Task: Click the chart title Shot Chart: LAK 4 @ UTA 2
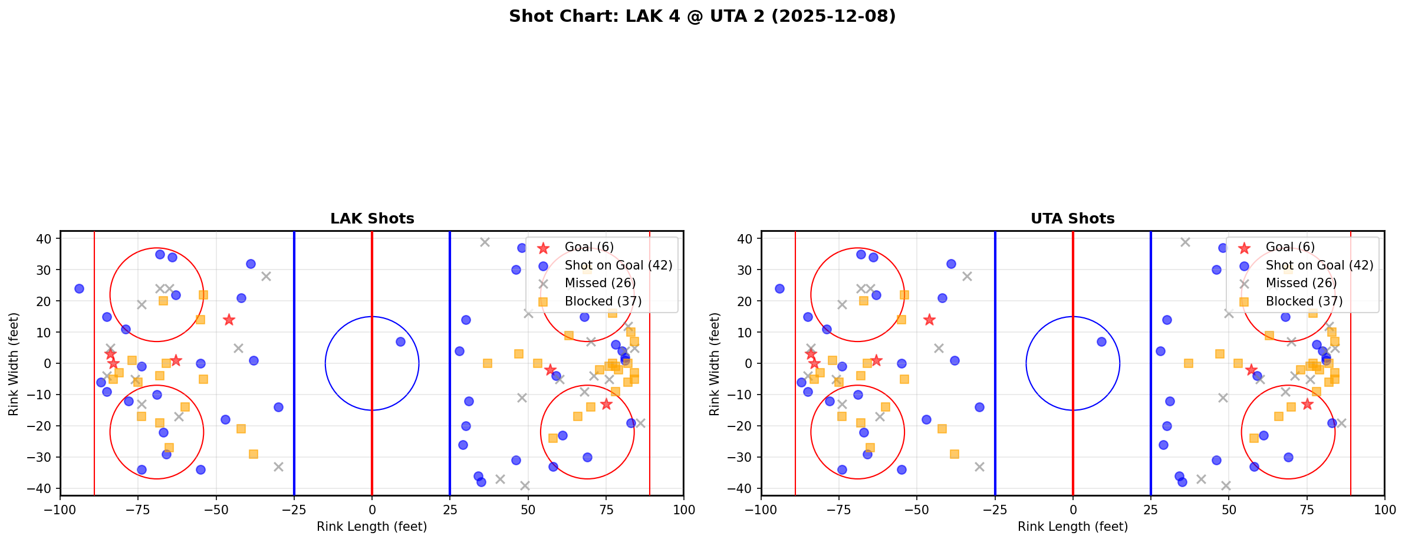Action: [702, 17]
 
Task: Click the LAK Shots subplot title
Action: [372, 219]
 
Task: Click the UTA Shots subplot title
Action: [1072, 219]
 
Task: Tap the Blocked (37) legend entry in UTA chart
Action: [1304, 301]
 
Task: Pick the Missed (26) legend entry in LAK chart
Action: [600, 283]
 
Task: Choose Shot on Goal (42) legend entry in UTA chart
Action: [1320, 265]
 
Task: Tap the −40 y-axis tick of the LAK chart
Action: [43, 488]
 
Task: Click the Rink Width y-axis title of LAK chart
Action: [13, 363]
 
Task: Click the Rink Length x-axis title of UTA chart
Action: [1072, 527]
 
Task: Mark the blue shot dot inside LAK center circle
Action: [400, 341]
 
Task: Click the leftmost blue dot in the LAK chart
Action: [79, 288]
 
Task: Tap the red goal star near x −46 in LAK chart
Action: [229, 320]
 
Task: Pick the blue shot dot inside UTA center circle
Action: [1101, 341]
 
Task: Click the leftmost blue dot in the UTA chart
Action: [779, 288]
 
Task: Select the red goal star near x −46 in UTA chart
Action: [929, 320]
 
